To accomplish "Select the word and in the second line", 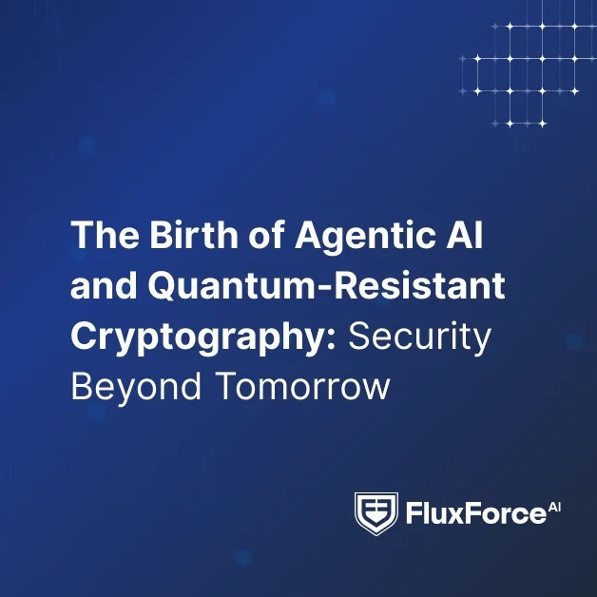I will pyautogui.click(x=100, y=287).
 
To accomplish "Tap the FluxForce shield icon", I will pyautogui.click(x=376, y=515).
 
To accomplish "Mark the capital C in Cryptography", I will pyautogui.click(x=85, y=338).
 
